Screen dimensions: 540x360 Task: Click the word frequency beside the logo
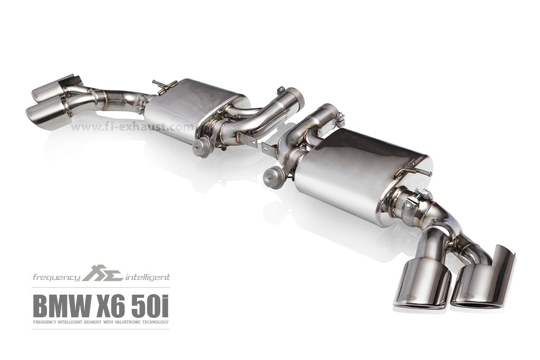tap(56, 277)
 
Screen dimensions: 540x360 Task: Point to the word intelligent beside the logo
tap(148, 277)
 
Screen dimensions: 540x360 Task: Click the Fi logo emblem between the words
tap(103, 273)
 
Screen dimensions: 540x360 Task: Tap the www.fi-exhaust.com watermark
tap(132, 127)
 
